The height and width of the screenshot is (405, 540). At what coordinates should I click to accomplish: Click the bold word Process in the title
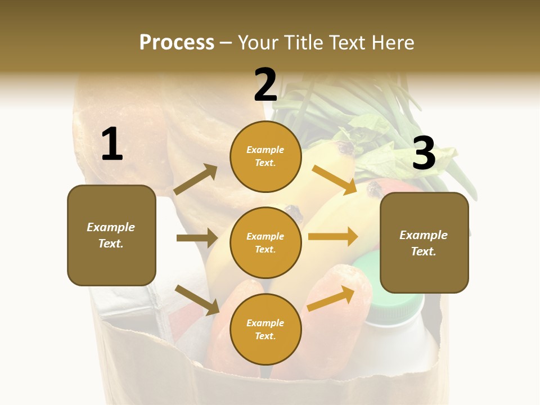[177, 43]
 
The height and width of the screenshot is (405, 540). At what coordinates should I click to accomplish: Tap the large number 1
[112, 144]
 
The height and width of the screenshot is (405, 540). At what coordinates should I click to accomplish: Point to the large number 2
[265, 85]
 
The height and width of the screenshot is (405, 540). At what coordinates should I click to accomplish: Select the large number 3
[424, 153]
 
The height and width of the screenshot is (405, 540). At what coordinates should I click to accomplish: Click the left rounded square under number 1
[111, 235]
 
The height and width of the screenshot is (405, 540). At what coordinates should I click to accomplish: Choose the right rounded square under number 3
[424, 243]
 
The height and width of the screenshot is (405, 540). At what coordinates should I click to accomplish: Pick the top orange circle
[265, 156]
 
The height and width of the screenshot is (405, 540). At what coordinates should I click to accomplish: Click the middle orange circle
[265, 243]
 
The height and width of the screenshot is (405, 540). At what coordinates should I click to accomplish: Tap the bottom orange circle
[265, 330]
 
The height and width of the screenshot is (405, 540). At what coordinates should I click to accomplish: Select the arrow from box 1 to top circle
[196, 179]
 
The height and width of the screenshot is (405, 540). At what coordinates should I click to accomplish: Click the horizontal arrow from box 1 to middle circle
[197, 238]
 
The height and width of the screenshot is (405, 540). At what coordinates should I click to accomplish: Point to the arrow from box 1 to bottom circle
[197, 300]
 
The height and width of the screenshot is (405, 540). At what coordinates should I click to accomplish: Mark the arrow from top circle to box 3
[334, 179]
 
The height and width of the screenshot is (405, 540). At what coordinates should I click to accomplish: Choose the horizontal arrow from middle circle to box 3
[333, 236]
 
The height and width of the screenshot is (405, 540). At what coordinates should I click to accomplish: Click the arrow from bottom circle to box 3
[331, 298]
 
